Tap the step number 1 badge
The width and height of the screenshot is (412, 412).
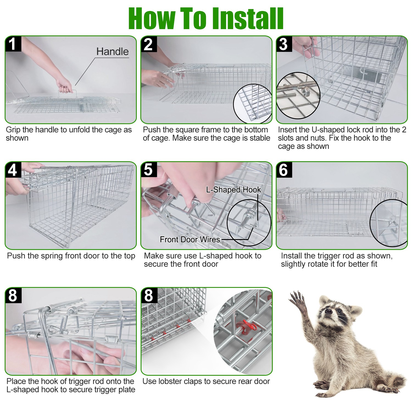(13, 44)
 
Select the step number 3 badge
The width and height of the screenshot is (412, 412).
(284, 44)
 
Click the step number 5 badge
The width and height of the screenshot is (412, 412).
(149, 169)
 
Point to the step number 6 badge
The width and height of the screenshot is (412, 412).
(284, 169)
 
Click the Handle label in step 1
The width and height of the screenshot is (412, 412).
(113, 52)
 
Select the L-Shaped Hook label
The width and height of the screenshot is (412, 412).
(234, 190)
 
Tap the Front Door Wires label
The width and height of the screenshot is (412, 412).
(190, 240)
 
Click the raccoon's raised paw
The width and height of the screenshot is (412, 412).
(297, 301)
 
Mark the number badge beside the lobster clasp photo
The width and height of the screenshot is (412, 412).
(149, 295)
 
